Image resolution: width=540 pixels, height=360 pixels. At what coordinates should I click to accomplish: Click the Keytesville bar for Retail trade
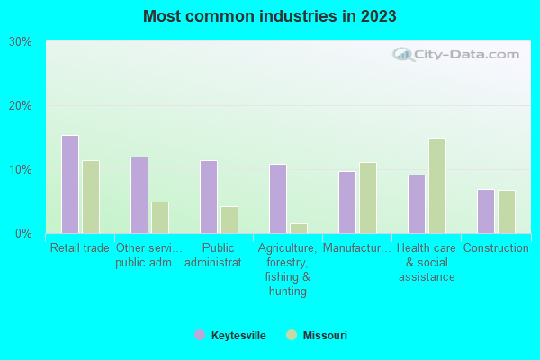[70, 184]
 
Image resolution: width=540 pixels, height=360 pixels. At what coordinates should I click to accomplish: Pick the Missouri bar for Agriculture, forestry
[299, 228]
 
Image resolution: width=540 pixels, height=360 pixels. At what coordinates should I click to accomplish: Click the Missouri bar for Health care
[437, 185]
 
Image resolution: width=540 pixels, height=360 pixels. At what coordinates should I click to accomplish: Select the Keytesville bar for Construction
[486, 211]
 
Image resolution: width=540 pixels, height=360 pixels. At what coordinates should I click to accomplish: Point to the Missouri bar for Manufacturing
[368, 198]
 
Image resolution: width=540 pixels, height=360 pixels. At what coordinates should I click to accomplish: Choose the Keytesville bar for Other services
[139, 195]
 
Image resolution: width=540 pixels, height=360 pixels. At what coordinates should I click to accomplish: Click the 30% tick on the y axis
[21, 42]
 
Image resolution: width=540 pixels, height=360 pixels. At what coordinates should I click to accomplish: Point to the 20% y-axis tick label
[21, 106]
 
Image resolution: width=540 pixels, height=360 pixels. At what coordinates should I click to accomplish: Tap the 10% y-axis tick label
[21, 170]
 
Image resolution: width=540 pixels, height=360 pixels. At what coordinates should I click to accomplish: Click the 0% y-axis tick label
[23, 234]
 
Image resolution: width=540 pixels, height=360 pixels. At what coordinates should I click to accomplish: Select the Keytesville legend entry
[231, 336]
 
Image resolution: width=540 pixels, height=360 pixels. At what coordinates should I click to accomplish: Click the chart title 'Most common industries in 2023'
[270, 16]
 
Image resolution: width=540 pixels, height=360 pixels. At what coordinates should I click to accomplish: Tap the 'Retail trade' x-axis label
[80, 248]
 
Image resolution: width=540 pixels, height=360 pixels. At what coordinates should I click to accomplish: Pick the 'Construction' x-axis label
[496, 248]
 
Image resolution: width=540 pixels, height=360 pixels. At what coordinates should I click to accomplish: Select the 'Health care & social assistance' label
[426, 262]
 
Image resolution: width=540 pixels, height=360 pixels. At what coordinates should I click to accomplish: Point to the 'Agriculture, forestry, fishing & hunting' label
[287, 269]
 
